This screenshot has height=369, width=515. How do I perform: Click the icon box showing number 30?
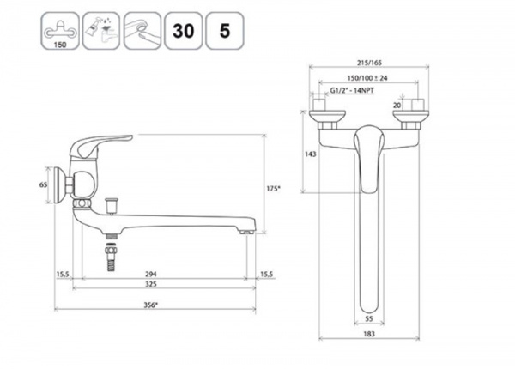coord(184,31)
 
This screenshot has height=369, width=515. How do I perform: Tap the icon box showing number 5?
coord(225,31)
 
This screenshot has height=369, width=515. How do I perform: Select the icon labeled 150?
coord(60,31)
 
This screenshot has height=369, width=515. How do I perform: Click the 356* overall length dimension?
coord(151,305)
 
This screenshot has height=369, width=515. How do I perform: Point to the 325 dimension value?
coord(151,284)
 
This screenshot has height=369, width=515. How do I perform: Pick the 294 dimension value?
coord(151,274)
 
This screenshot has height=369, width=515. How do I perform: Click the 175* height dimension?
coord(273,189)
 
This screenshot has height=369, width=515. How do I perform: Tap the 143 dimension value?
coord(311,154)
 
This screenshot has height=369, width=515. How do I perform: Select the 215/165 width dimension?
coord(369,63)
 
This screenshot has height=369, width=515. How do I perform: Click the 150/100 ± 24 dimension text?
coord(367,78)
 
